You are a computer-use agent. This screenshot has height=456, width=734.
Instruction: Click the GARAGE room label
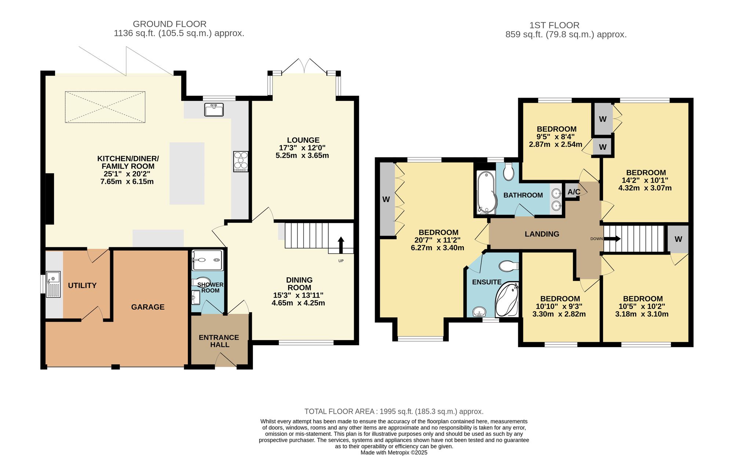[148, 307]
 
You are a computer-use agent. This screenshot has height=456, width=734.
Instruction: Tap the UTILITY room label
[82, 285]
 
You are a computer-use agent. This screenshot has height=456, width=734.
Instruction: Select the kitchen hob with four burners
[241, 161]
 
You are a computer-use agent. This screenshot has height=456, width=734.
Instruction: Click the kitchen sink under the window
[214, 110]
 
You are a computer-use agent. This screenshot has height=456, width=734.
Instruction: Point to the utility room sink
[54, 284]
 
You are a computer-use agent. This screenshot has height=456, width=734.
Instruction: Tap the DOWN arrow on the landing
[612, 239]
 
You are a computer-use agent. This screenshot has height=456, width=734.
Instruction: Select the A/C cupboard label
[574, 192]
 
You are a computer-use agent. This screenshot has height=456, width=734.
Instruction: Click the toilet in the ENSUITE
[509, 266]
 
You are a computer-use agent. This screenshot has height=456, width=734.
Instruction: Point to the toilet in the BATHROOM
[509, 171]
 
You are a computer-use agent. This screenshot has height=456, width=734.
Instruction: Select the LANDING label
[542, 234]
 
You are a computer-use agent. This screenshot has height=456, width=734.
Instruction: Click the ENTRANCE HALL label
[219, 341]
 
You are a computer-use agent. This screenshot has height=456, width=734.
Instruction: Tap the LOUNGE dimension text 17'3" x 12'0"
[302, 148]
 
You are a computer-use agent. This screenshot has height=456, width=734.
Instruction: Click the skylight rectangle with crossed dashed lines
[105, 107]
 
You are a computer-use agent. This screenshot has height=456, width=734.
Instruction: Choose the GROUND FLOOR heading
[170, 24]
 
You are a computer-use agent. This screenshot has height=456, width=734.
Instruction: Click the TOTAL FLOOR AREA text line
[394, 412]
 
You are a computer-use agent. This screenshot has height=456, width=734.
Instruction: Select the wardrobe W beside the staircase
[678, 239]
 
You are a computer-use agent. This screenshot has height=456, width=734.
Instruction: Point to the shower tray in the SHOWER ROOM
[207, 260]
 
